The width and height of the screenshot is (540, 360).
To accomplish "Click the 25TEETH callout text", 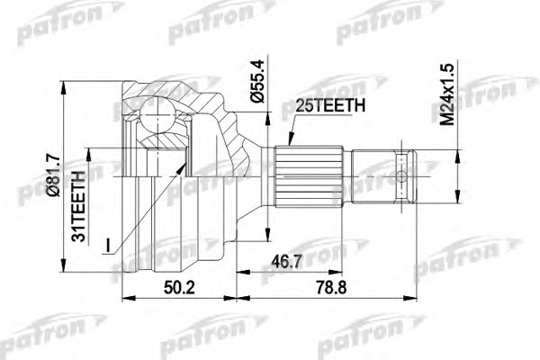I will click(x=328, y=105).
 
